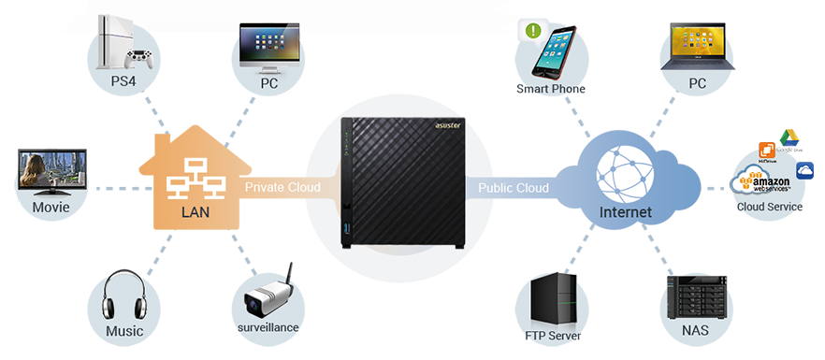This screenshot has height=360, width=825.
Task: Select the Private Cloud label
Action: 282,188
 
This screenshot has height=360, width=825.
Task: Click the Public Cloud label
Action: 514,188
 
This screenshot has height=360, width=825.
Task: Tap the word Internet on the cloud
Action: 625,213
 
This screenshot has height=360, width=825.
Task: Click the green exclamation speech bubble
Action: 533,31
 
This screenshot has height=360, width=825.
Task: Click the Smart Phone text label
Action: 551,89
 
